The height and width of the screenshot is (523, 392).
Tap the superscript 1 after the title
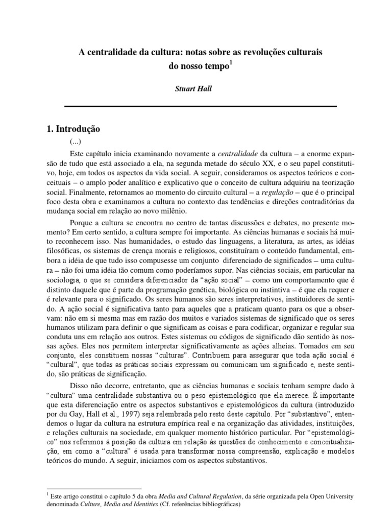(x=231, y=62)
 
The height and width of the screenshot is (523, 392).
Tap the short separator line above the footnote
(x=94, y=489)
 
